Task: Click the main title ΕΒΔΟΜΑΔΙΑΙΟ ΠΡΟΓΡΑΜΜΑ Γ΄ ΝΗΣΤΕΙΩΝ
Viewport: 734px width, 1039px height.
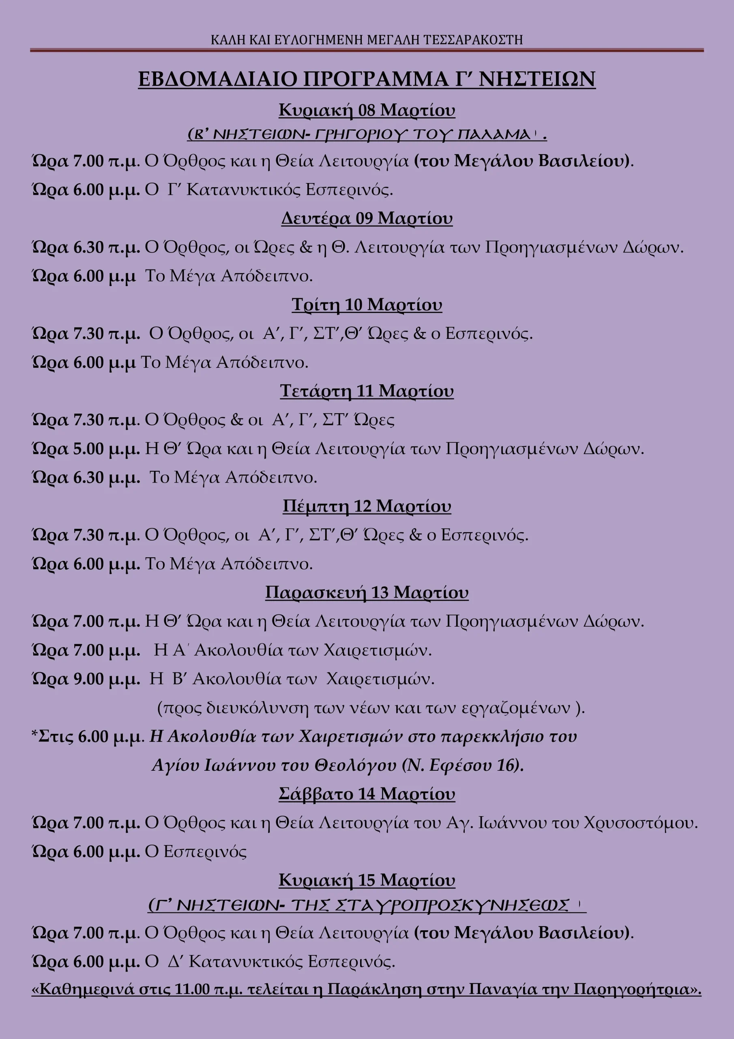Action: [366, 79]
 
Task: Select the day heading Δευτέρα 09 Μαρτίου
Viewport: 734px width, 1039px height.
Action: [367, 218]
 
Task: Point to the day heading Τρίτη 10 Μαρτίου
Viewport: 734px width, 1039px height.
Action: [367, 304]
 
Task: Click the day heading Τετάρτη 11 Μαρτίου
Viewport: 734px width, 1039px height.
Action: [367, 391]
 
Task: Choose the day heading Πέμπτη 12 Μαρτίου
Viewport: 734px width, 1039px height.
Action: [367, 506]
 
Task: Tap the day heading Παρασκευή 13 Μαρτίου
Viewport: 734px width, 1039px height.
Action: [367, 593]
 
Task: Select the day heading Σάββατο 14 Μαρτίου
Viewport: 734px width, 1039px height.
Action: [367, 794]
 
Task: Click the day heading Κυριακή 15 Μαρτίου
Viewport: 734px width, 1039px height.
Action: [367, 880]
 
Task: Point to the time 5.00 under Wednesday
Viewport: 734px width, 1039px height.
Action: [89, 449]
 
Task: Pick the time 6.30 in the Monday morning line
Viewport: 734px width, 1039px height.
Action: [89, 248]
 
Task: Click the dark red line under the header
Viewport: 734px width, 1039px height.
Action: [367, 50]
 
